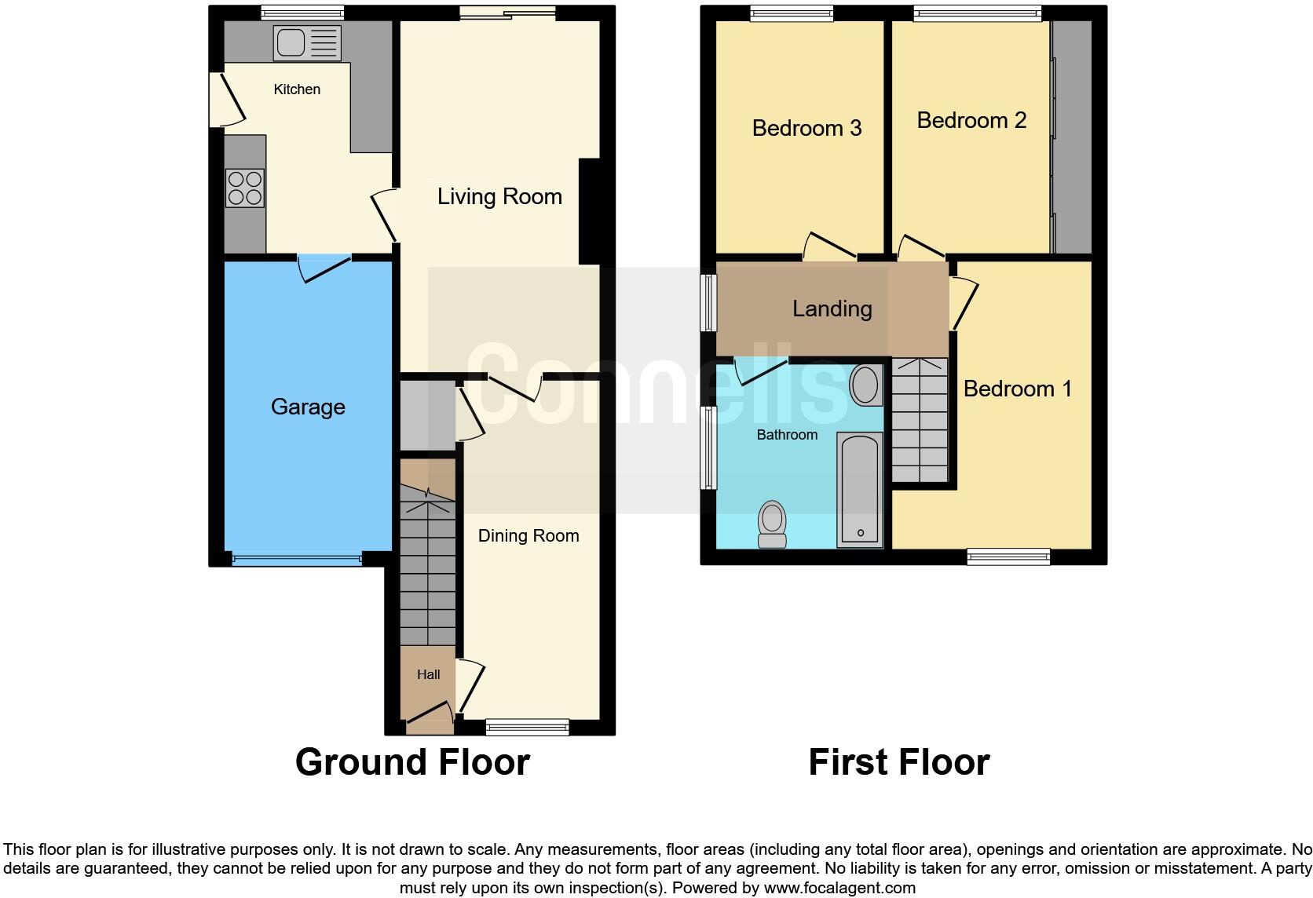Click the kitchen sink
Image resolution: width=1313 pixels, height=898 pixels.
tap(307, 42)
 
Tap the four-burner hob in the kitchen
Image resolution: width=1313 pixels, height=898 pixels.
tap(244, 188)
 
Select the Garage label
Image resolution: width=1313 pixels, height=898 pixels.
tap(308, 407)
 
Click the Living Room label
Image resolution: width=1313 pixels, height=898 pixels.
tap(499, 196)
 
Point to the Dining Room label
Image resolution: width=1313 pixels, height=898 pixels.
tap(528, 535)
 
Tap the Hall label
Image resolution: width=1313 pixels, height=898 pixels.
tap(428, 674)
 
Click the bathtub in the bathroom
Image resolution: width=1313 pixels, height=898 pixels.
tap(860, 490)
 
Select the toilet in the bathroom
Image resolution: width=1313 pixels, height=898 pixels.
tap(772, 524)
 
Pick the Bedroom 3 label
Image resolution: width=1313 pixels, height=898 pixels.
tap(806, 128)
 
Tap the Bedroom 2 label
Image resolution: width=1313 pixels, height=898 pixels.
tap(971, 120)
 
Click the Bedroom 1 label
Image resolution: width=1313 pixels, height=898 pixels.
tap(1017, 389)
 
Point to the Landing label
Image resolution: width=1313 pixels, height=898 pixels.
tap(832, 308)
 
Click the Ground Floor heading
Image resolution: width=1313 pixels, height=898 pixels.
tap(412, 762)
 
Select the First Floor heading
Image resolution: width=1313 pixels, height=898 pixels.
tap(898, 762)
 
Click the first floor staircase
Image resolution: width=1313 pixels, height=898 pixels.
tap(920, 420)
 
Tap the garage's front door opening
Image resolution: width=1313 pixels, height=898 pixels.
tap(297, 560)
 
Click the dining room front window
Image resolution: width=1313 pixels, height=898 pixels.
tap(527, 727)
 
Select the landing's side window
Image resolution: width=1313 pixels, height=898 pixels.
tap(709, 301)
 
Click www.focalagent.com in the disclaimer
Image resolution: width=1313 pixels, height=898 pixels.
tap(839, 888)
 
